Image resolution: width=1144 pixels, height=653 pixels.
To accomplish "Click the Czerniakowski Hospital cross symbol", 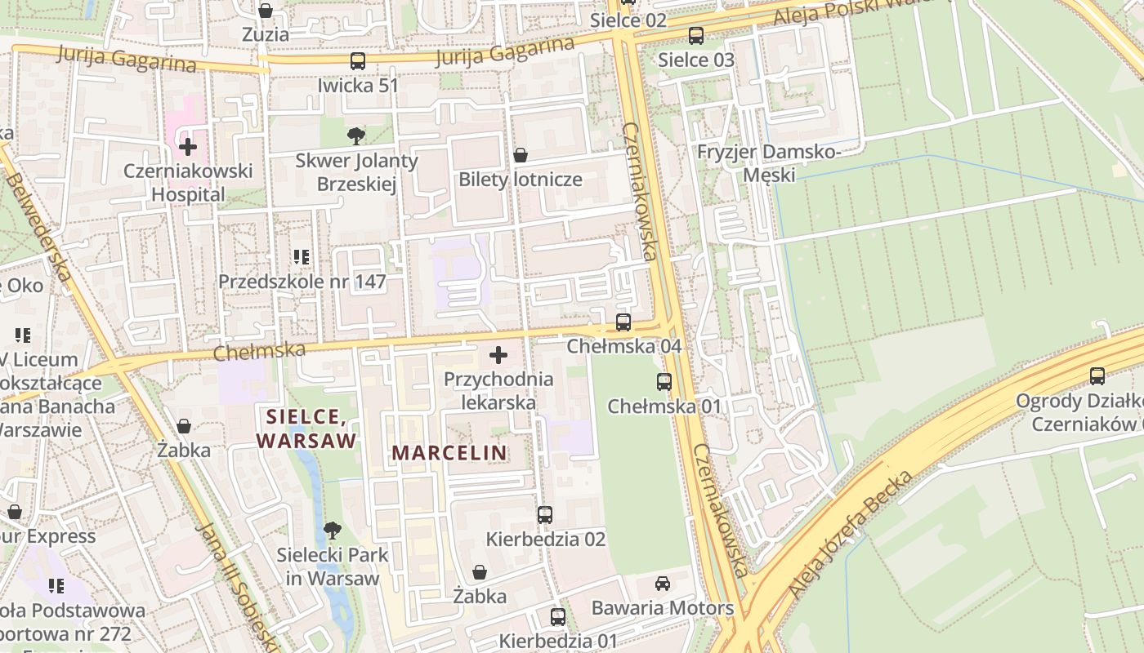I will coord(188,147).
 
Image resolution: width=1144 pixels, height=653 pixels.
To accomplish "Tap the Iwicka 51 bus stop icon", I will coord(357,61).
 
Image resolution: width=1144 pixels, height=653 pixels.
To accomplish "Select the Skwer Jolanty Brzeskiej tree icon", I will coord(355,135).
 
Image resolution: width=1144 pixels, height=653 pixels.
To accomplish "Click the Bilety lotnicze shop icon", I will coord(520,155).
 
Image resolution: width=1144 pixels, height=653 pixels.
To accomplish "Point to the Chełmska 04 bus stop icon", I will coord(623,322).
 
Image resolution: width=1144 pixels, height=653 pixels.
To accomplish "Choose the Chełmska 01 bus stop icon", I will coord(664,382).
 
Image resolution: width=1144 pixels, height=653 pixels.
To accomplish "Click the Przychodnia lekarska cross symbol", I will coord(498,355).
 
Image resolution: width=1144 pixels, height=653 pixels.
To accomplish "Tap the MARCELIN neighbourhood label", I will coord(449,452).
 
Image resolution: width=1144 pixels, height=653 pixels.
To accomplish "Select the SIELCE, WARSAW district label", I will coord(306,429).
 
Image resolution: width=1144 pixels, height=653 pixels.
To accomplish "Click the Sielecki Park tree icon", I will coord(332,531).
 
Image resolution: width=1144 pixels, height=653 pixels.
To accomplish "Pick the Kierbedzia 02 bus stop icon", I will coord(545,515).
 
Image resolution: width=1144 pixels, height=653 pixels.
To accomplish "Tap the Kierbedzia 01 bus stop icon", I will coord(558,616).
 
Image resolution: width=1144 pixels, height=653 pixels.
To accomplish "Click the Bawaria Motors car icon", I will coord(663,584).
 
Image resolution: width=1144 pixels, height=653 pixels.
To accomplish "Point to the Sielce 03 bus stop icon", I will coord(696,36).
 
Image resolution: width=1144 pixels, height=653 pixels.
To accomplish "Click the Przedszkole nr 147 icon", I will coord(302,257).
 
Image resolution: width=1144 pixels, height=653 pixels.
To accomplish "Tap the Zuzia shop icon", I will coord(266,11).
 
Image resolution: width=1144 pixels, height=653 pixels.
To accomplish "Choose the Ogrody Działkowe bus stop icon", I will coord(1097,376).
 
